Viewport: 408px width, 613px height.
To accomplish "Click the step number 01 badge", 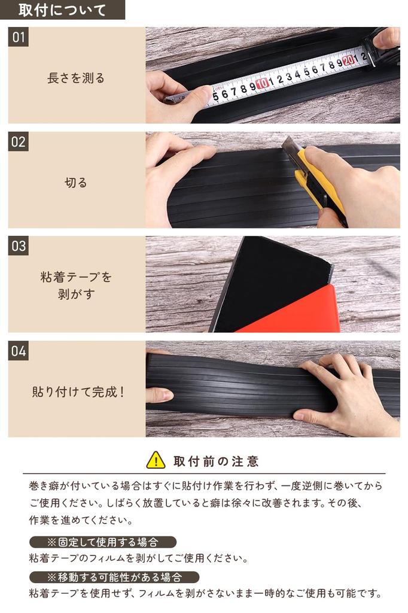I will (19, 37).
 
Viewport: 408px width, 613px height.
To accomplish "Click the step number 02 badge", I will (19, 142).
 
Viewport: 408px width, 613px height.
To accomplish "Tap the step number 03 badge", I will (19, 246).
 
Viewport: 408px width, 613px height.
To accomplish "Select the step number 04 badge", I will (19, 351).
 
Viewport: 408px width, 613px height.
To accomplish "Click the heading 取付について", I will (62, 10).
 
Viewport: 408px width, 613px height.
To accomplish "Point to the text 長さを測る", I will (76, 78).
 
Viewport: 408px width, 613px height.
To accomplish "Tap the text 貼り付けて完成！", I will (78, 393).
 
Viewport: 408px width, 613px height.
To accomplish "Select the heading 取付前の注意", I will (216, 461).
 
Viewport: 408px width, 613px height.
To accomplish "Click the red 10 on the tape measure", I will (262, 83).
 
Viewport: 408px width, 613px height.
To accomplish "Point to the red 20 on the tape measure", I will (348, 60).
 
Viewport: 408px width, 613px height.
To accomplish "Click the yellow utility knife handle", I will (323, 186).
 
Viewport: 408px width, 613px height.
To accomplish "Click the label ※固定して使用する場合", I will (103, 542).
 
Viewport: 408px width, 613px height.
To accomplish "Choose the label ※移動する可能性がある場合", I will (114, 578).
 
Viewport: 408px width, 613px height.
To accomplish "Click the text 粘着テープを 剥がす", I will (76, 286).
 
